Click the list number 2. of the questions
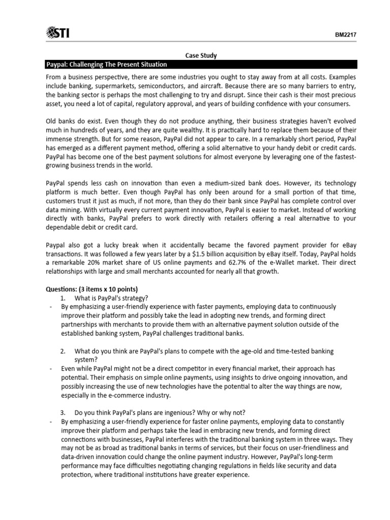pyautogui.click(x=63, y=351)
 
